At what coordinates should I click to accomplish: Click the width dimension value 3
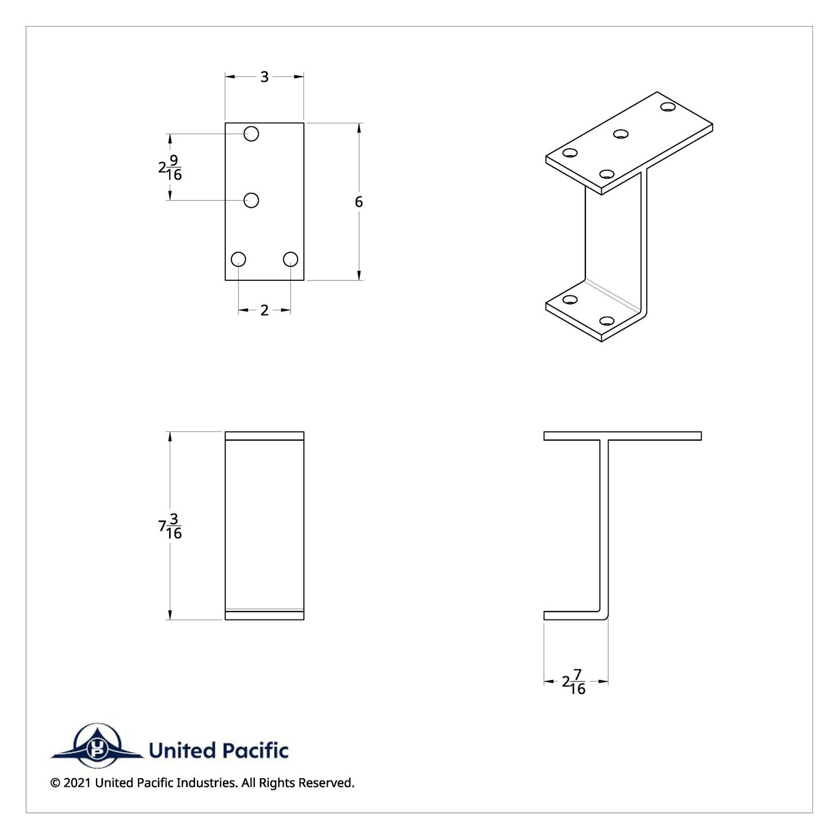264,77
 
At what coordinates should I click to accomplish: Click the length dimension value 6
359,201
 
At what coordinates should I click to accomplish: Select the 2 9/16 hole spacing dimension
170,167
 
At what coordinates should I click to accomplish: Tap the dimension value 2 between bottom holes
264,310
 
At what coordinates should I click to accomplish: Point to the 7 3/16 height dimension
170,526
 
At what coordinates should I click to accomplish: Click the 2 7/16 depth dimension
574,682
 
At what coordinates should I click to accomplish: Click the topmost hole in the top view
251,134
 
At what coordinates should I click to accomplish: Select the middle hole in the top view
251,200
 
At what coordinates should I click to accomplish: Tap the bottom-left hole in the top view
238,259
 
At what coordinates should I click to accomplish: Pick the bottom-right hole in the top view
291,259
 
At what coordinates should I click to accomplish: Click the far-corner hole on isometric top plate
668,107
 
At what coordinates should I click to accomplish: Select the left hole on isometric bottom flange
570,299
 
